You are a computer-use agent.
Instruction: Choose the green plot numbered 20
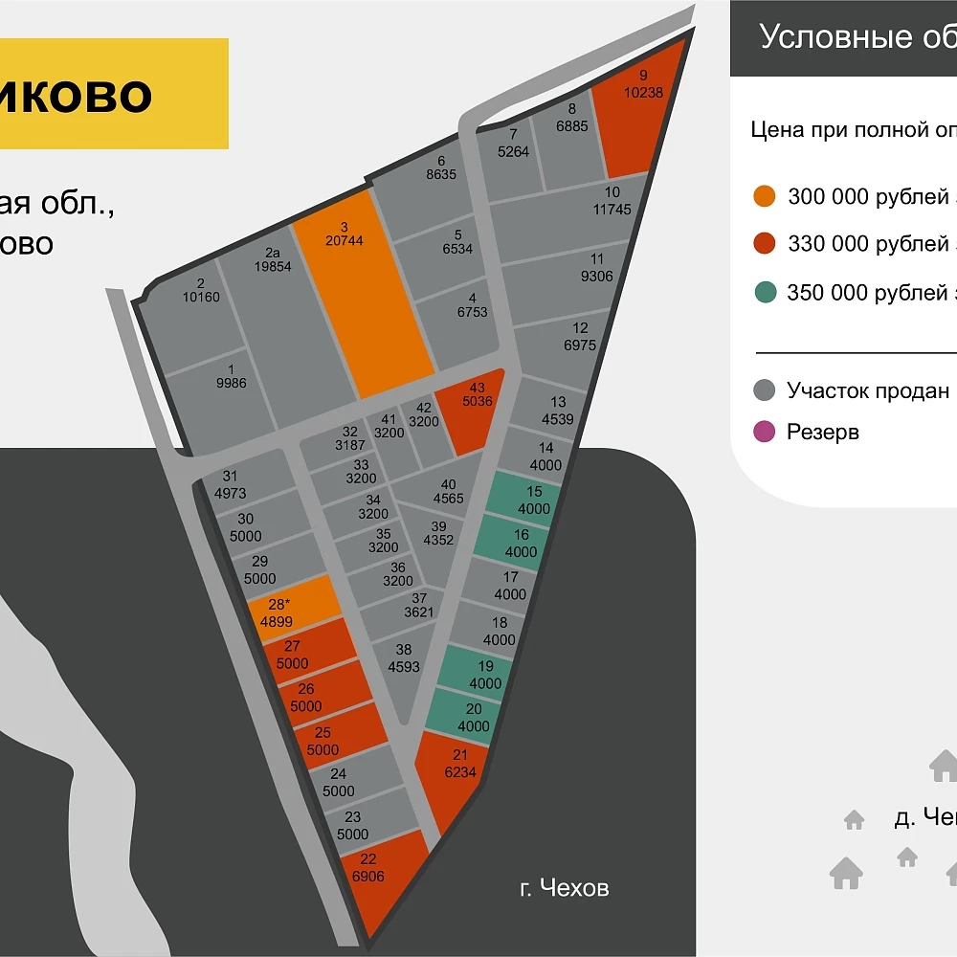(466, 716)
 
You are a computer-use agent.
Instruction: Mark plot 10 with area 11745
(574, 215)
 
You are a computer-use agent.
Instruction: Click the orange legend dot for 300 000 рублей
(764, 197)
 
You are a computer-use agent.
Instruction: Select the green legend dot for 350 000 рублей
(764, 293)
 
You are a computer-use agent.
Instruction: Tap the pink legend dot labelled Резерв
(764, 432)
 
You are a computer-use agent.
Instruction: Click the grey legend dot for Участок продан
(764, 390)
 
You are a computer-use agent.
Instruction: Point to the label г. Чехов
(564, 888)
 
